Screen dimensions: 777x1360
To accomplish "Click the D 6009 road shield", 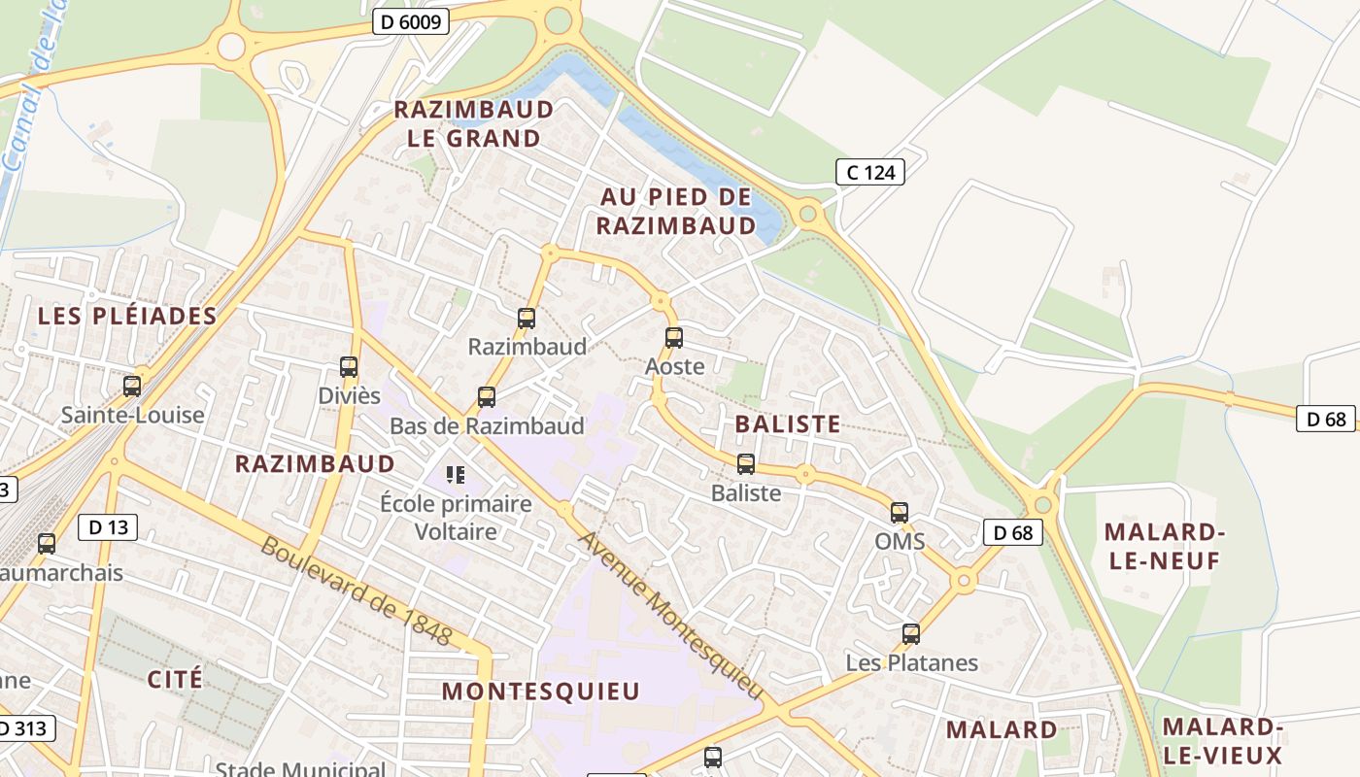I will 410,21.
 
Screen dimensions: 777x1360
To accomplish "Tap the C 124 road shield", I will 870,172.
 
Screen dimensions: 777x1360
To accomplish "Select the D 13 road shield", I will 107,527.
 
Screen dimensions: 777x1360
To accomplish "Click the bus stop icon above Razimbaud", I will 527,318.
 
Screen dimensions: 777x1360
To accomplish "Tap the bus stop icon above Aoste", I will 674,338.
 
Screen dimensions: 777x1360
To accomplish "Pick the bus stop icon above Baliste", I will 746,464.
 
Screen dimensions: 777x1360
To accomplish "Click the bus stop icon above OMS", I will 900,512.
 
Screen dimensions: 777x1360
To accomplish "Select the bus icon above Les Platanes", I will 911,634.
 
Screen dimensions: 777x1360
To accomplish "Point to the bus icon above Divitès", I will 349,367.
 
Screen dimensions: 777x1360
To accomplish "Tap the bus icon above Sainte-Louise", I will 132,387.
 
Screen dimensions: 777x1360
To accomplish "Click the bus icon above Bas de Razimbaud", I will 487,397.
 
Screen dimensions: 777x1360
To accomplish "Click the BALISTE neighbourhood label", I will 788,423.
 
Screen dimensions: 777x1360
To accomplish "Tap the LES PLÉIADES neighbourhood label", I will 127,316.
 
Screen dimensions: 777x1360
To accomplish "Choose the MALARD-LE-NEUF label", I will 1163,546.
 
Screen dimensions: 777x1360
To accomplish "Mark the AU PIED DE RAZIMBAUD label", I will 676,211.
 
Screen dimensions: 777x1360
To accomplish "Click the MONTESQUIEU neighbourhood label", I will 541,691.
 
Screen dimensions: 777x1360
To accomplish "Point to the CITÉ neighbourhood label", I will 176,678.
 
